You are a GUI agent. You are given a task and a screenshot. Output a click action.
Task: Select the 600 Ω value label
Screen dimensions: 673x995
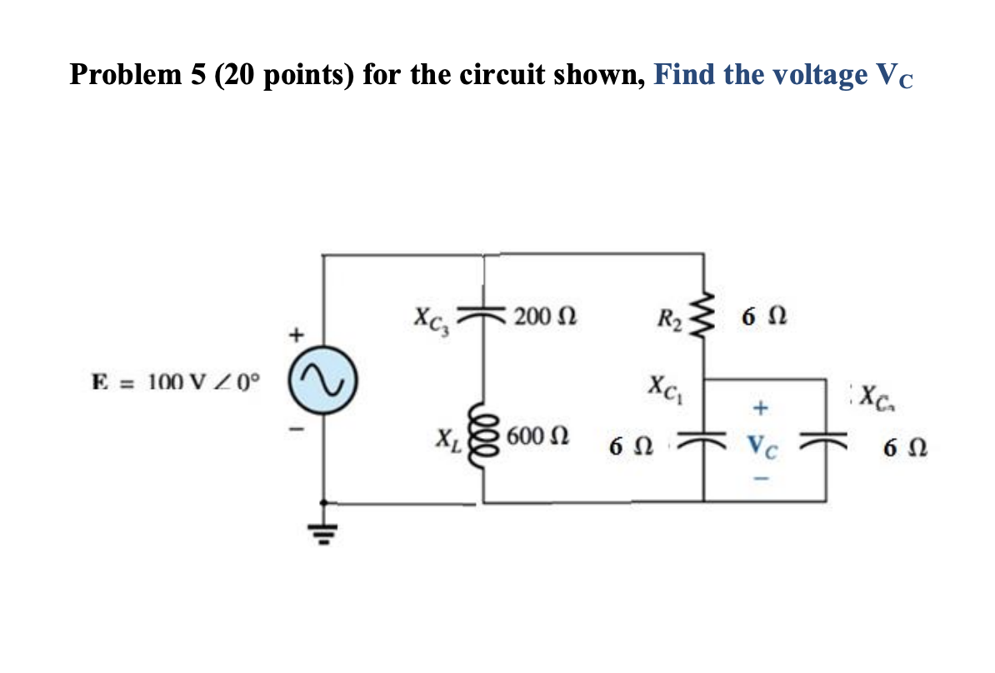pos(538,436)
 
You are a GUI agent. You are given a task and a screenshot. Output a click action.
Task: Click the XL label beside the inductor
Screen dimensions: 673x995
pos(447,436)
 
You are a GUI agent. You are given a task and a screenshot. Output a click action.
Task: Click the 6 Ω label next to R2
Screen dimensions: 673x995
pos(763,317)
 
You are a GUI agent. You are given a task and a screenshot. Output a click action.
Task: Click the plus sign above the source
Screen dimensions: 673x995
pos(294,336)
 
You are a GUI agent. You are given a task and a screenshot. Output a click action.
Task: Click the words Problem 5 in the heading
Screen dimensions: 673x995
pos(137,75)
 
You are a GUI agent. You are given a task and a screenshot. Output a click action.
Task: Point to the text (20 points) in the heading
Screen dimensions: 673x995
pos(286,75)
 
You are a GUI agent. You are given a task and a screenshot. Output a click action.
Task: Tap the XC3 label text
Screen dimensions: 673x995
pos(432,320)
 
